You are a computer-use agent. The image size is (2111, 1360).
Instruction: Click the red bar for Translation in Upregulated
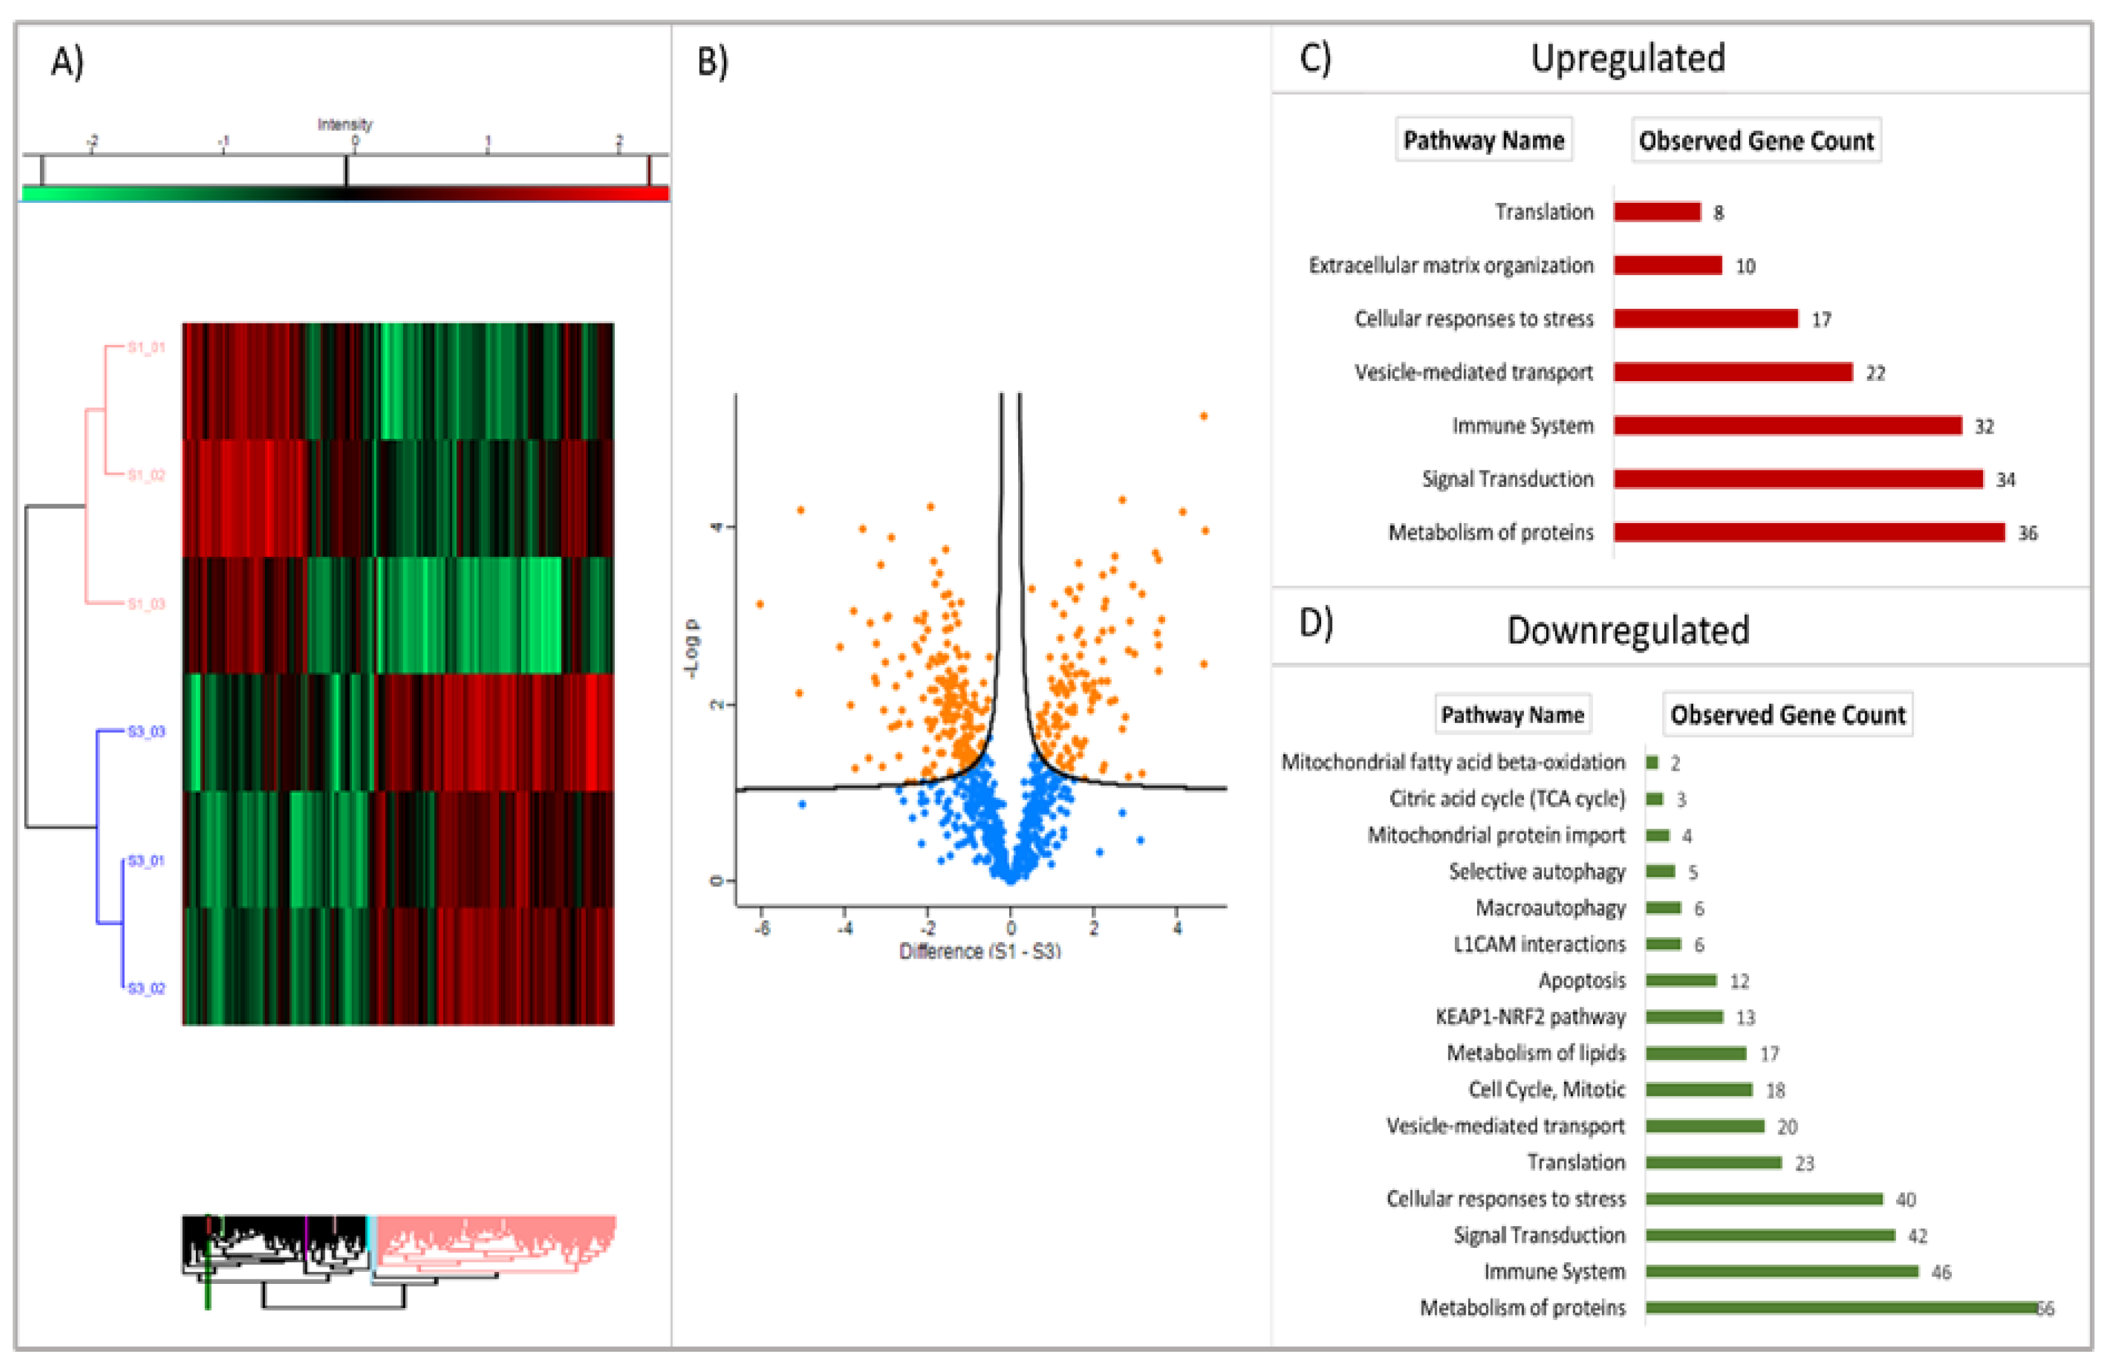point(1656,212)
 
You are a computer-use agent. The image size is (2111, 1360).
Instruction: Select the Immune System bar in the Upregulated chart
point(1787,425)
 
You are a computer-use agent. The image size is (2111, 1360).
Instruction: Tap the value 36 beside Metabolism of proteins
point(2027,533)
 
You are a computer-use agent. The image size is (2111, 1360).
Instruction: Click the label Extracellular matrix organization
point(1450,266)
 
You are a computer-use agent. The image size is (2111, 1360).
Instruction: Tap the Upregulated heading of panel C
point(1627,58)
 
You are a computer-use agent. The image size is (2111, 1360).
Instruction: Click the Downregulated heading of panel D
point(1627,630)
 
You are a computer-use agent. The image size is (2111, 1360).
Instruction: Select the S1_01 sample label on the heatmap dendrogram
point(146,347)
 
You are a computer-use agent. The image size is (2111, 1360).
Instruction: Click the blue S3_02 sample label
point(146,988)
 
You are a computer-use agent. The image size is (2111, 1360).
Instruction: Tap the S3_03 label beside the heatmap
point(146,731)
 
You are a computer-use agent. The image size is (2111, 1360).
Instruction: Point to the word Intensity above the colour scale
point(345,124)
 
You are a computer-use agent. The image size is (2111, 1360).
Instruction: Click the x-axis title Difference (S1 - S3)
point(979,951)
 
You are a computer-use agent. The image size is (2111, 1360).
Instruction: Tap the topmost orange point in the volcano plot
point(1203,416)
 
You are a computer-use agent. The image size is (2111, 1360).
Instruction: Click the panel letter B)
point(712,62)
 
